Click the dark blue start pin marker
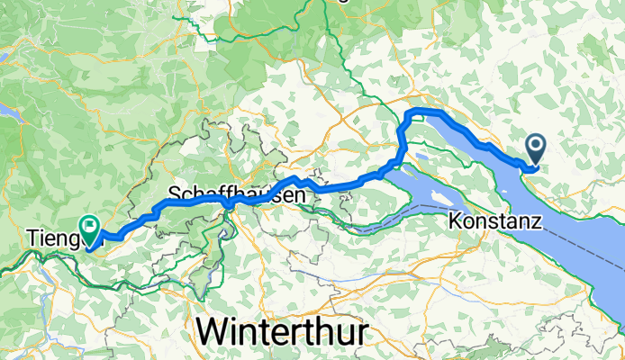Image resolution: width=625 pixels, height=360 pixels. (535, 149)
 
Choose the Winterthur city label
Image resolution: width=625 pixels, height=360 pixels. (282, 331)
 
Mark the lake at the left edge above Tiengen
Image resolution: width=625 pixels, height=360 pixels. (9, 112)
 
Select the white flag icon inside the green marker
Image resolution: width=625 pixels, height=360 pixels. (90, 225)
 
